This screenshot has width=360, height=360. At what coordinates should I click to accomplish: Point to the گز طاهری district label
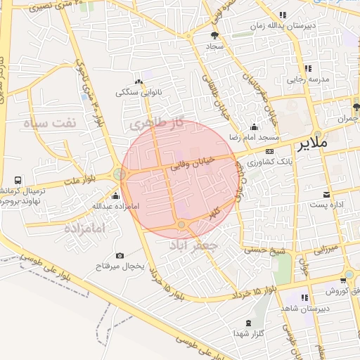tap(156, 123)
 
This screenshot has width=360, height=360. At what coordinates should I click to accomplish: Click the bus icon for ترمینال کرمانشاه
tap(5, 191)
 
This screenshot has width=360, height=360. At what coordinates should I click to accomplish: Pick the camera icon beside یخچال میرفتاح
tap(120, 255)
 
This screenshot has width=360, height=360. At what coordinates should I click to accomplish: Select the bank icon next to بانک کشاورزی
tap(269, 151)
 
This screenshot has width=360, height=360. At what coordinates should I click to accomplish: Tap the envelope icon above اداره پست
tap(326, 195)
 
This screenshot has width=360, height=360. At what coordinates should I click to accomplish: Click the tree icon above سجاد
tap(214, 34)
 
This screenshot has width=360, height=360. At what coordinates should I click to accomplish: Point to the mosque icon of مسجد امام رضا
tap(254, 127)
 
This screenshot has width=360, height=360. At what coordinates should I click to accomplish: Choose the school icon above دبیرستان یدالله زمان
tap(282, 15)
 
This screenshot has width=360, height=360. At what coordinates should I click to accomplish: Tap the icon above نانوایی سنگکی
tap(139, 82)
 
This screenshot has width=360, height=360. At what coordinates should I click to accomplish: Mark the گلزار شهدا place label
tap(250, 333)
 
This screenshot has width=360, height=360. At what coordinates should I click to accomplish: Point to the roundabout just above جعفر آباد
tap(181, 224)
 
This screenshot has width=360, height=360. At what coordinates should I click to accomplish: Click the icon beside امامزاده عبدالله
tap(115, 196)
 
